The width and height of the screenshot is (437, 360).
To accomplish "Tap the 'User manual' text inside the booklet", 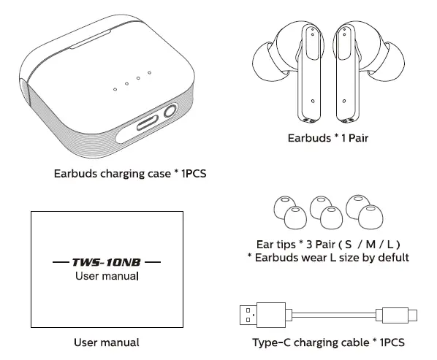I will coord(107,276).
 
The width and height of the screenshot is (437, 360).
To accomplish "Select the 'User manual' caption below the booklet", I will coord(107,342).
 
